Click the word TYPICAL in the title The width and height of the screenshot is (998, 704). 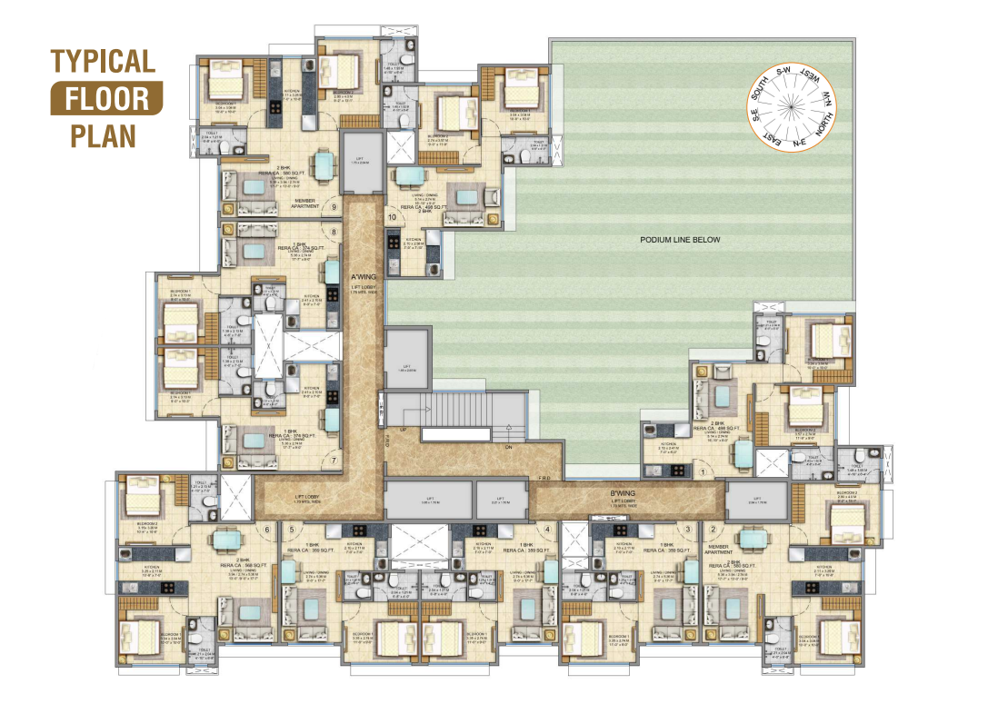pos(103,62)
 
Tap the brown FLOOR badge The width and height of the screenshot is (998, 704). pos(106,97)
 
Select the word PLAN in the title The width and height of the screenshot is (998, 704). pos(104,134)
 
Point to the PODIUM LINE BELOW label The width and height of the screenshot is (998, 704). pos(681,240)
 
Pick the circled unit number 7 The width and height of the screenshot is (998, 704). pos(334,461)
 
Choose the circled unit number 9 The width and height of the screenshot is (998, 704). pos(334,207)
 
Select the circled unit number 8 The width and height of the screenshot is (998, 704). pos(334,232)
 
